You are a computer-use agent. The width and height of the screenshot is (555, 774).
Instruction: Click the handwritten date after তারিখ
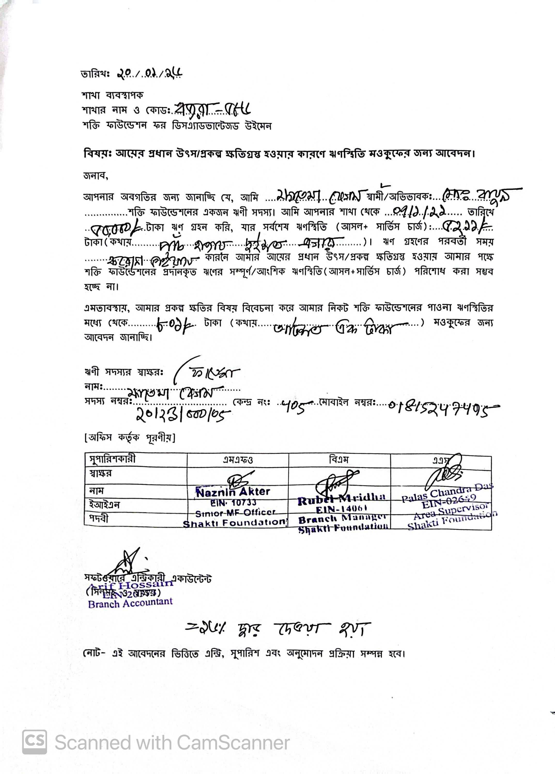(x=149, y=73)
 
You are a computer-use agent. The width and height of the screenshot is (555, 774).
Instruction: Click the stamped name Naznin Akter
(x=233, y=492)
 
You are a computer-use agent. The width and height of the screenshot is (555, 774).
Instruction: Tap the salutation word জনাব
(x=96, y=176)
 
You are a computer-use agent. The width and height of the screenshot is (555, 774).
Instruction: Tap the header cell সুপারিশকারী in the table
(x=112, y=459)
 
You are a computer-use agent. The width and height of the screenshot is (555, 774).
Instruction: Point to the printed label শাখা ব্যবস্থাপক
(x=112, y=95)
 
